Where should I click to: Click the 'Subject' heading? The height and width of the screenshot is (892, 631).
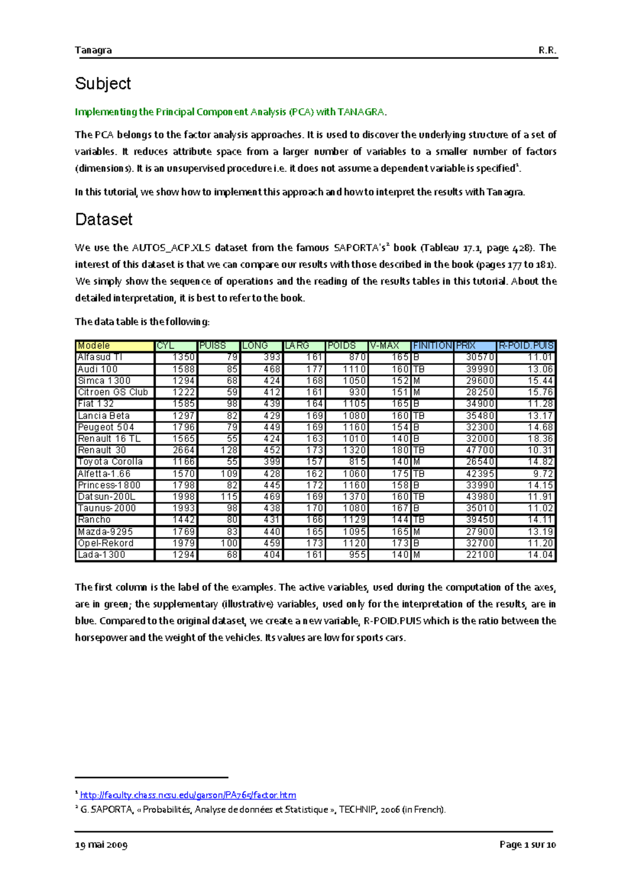[x=103, y=84]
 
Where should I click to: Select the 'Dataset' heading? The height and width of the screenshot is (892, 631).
[x=104, y=219]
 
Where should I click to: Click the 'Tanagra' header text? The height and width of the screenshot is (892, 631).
[x=93, y=50]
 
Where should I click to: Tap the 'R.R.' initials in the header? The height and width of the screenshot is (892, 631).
[x=547, y=50]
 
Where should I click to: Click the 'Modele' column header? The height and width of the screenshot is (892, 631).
[x=94, y=346]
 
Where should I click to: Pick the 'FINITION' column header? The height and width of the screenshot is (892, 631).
[x=432, y=346]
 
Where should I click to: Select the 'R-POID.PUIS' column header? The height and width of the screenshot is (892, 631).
[x=526, y=346]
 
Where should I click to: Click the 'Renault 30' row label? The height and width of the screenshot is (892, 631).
[x=102, y=450]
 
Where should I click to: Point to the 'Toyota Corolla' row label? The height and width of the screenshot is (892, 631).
[x=110, y=462]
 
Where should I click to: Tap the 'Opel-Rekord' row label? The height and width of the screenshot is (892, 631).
[x=106, y=543]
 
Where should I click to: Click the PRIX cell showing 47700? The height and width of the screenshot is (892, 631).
[x=480, y=450]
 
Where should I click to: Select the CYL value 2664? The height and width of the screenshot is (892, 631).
[x=184, y=450]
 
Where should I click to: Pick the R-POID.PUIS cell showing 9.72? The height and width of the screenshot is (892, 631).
[x=543, y=474]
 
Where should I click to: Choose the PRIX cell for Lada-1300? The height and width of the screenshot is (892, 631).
[x=480, y=555]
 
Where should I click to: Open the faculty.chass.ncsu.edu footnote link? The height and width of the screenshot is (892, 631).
[x=188, y=795]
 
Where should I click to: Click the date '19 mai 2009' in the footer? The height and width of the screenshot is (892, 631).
[x=101, y=845]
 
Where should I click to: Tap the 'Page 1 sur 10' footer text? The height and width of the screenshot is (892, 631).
[x=527, y=845]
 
